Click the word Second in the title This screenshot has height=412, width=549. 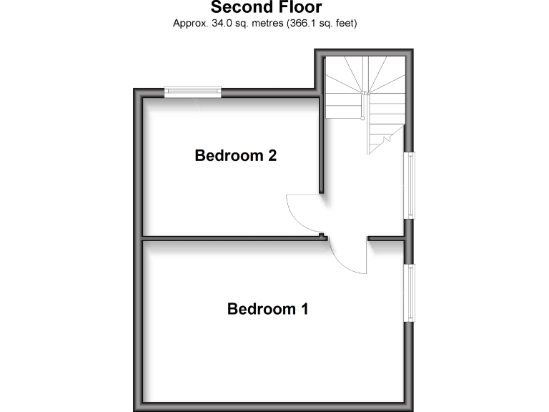point(241,8)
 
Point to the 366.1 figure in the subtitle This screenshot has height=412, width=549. point(300,23)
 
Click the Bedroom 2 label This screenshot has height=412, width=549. point(235,155)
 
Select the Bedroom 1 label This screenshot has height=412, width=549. point(268,309)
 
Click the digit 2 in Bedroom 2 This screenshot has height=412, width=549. point(272,155)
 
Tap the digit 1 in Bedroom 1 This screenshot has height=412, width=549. point(305,309)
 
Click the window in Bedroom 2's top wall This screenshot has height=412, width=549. point(192,91)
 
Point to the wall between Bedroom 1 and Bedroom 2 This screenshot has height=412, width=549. point(229,237)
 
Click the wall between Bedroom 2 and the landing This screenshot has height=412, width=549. point(322,143)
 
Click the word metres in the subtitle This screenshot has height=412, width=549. point(262,23)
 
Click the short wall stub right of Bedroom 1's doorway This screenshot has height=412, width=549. point(385,237)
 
